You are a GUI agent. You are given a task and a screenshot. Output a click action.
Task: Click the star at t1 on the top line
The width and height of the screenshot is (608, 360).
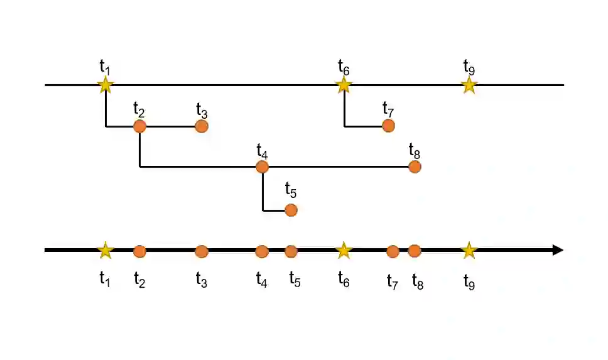tap(106, 85)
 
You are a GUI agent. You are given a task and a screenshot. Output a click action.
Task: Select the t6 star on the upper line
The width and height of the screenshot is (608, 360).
tap(344, 85)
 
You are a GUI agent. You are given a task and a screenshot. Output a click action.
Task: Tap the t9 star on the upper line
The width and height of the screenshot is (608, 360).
tap(469, 85)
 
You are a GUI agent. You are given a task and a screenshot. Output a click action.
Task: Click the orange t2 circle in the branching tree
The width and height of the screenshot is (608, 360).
tap(139, 126)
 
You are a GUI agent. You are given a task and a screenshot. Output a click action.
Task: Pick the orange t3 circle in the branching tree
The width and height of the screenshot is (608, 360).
tap(201, 126)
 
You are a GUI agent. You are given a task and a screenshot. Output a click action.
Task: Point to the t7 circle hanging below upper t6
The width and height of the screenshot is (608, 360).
tap(388, 126)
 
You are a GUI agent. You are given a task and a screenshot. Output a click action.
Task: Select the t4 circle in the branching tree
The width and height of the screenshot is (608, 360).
tap(263, 166)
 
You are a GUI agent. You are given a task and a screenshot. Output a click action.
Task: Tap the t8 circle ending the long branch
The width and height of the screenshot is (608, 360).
tap(414, 166)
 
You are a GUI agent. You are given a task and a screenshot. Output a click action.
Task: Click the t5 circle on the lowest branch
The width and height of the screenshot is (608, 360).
tap(290, 210)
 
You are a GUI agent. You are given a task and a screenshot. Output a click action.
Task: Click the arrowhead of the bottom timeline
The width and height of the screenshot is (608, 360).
tap(557, 250)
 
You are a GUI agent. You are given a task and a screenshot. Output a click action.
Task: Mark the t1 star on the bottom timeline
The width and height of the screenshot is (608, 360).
tap(106, 251)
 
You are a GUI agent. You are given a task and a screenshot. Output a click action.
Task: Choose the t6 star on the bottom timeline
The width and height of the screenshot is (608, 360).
tap(344, 251)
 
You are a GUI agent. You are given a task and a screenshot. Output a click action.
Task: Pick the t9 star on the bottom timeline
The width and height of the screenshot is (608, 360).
tap(469, 251)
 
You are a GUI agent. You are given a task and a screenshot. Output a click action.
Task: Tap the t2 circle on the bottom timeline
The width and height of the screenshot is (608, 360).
tap(139, 251)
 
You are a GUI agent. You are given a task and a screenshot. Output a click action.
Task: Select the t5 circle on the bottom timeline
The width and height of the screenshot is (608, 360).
tap(290, 251)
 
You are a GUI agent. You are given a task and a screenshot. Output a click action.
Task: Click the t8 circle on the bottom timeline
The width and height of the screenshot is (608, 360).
tap(414, 251)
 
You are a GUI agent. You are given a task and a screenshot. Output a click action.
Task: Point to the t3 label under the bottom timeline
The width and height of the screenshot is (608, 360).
tap(201, 280)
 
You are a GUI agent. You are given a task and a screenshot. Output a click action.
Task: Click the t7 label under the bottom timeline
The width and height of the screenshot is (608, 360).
tap(393, 281)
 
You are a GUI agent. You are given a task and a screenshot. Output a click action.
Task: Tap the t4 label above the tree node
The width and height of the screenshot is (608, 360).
tap(262, 151)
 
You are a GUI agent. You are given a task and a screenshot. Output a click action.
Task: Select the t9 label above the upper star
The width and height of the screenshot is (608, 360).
tap(469, 66)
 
